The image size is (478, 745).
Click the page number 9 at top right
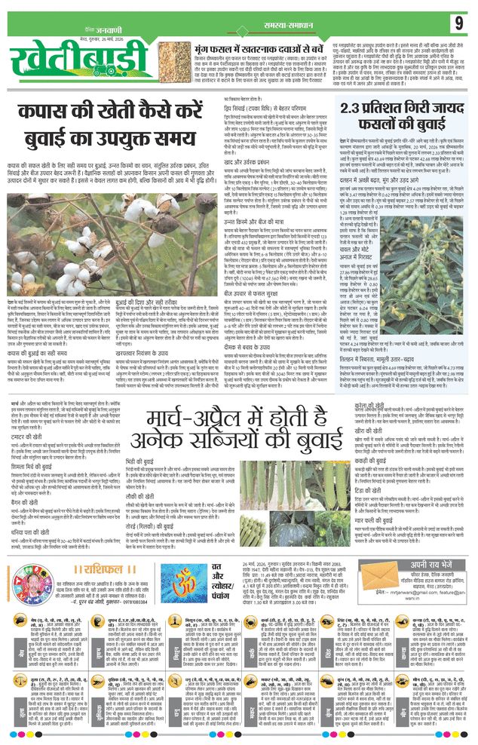click(x=458, y=23)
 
